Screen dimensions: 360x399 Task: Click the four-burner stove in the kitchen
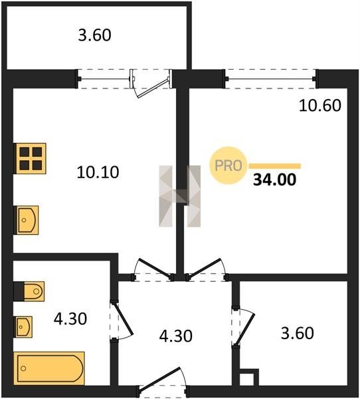click(31, 158)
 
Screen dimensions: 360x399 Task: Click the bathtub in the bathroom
click(49, 368)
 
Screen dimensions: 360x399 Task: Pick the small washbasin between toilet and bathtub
click(24, 327)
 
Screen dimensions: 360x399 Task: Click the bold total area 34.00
click(274, 180)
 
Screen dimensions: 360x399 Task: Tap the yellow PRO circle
click(228, 166)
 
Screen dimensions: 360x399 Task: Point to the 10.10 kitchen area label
click(98, 172)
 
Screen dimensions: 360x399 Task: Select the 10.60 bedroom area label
click(320, 105)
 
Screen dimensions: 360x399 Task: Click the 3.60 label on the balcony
click(94, 35)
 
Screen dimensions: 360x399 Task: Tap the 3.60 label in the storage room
click(297, 333)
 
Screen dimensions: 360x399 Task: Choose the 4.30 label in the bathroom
click(70, 319)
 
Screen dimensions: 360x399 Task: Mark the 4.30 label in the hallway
click(175, 336)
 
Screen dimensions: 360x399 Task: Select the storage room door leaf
click(245, 329)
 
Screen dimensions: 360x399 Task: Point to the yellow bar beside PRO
click(275, 166)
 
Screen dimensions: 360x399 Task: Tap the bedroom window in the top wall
click(271, 79)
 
